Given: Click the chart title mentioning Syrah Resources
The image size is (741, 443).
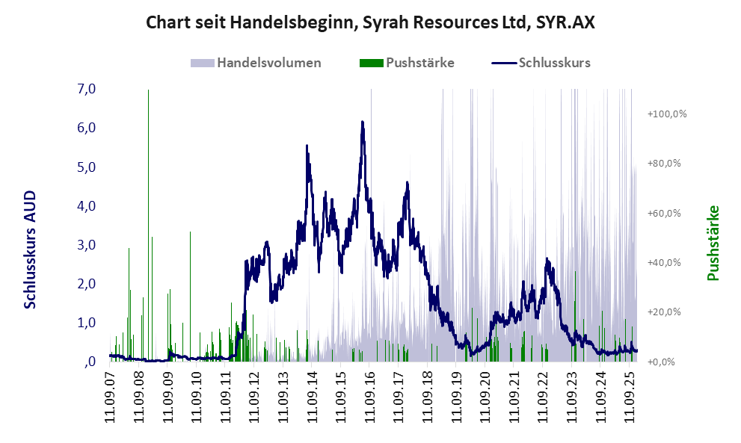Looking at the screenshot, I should tap(370, 22).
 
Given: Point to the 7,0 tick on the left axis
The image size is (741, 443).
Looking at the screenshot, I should tap(86, 89).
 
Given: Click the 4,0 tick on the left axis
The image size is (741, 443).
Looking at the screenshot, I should tap(86, 205).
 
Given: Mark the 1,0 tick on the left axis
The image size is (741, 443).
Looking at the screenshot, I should tap(86, 323).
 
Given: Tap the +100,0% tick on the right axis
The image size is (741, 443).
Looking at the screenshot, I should tap(666, 114).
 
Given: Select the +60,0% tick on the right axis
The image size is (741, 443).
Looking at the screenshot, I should tap(666, 213).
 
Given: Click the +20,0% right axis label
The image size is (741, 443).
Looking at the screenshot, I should tap(666, 312).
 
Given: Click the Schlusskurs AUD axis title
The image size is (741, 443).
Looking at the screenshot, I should tap(31, 250).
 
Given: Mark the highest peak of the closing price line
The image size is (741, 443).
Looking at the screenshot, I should tap(363, 122).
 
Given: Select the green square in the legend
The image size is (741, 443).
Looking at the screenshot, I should tap(372, 63).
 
